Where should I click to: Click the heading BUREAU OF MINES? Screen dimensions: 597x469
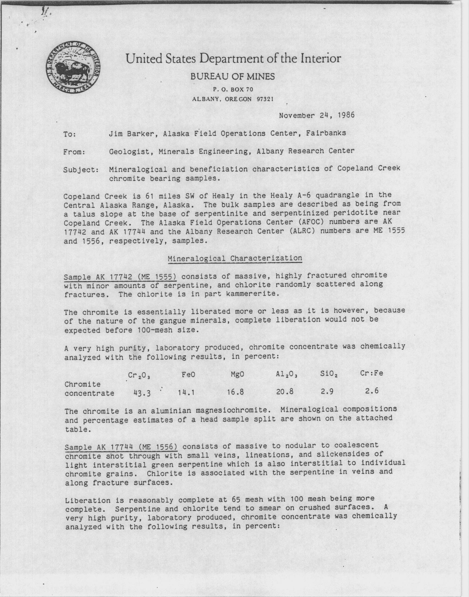[x=232, y=77]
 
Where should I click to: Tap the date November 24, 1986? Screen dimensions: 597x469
[x=317, y=115]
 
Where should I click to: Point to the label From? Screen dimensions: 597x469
[x=74, y=152]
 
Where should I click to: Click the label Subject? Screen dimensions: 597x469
[x=81, y=170]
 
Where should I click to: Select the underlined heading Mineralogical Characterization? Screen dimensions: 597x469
[x=235, y=258]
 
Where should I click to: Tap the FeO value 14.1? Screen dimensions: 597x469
[x=186, y=393]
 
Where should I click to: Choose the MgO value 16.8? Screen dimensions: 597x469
[x=235, y=392]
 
